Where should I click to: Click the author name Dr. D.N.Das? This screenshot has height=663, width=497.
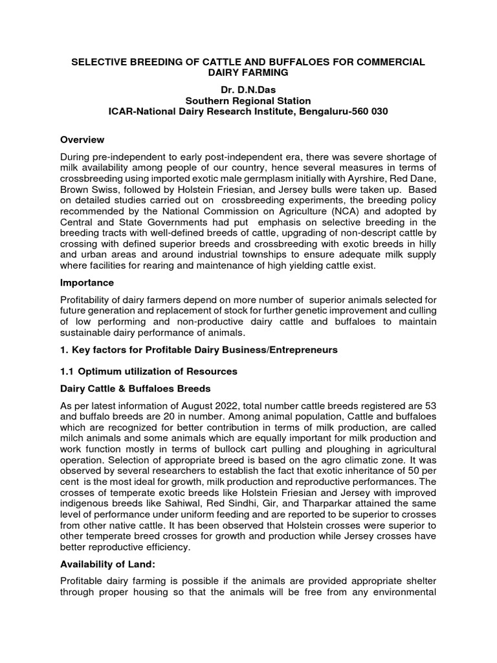248,88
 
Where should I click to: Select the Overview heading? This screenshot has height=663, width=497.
82,139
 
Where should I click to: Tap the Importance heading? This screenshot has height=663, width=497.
87,282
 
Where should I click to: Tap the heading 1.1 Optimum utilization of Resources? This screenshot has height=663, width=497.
148,371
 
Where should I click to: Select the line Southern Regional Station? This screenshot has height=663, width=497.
248,100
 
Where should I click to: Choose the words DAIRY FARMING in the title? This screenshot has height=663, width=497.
248,73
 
